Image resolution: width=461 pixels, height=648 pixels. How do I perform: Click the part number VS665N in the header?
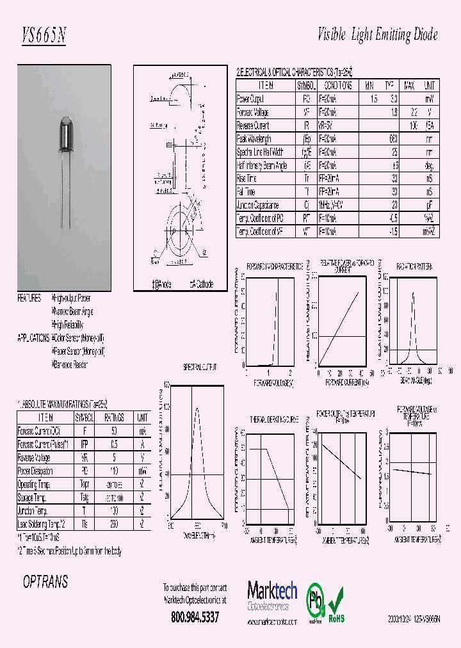pos(44,36)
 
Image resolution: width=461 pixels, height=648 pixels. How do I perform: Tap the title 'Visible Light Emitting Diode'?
pos(378,35)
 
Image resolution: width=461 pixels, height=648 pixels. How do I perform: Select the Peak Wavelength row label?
pos(254,139)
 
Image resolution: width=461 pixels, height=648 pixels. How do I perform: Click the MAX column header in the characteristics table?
pos(409,85)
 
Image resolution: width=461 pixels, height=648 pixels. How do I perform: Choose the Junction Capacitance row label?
pos(257,206)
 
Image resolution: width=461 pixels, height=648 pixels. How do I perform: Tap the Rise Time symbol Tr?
pos(305,179)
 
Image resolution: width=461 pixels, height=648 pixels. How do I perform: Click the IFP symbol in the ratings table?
pos(84,444)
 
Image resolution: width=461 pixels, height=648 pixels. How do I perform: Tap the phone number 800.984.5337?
pos(195,617)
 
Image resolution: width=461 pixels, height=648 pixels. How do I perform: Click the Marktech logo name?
pos(272,590)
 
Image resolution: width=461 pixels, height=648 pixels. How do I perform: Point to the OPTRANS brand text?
pos(45,582)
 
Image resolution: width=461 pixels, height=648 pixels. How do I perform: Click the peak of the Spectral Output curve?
pos(196,409)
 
